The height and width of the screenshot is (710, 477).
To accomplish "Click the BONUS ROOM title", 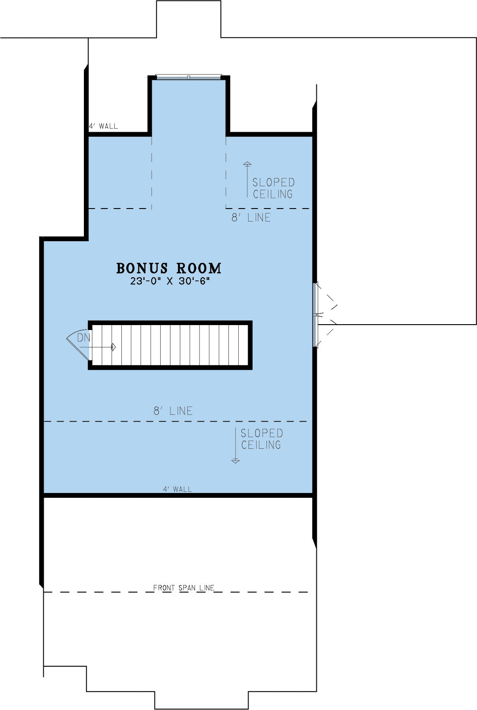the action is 169,268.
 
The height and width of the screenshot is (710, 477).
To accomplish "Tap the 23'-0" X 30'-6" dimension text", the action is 170,281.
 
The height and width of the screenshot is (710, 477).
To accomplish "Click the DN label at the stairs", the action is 83,338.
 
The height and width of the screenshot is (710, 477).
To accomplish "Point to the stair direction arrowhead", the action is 114,347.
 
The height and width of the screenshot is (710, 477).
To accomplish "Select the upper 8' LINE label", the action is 251,217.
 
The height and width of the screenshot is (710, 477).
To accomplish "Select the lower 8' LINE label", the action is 173,411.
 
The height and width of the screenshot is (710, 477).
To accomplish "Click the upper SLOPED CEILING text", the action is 274,188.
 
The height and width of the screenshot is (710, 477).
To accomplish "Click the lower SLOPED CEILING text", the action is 261,439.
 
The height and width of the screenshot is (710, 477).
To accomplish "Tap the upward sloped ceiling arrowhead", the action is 247,164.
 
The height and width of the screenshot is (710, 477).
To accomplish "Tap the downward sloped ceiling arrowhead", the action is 235,461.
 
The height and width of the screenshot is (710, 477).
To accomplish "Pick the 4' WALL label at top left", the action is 103,126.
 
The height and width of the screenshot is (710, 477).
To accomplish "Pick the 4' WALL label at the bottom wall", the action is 178,489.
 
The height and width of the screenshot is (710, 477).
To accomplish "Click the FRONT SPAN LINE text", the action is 184,588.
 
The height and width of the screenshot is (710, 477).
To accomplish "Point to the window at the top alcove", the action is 188,77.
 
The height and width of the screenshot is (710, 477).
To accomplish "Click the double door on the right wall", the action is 325,315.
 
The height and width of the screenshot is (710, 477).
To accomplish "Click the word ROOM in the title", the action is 199,268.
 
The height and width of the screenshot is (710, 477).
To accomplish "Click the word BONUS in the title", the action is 142,268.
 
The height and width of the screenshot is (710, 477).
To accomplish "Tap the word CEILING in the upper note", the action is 273,194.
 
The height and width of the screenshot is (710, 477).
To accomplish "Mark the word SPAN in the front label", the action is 187,588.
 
